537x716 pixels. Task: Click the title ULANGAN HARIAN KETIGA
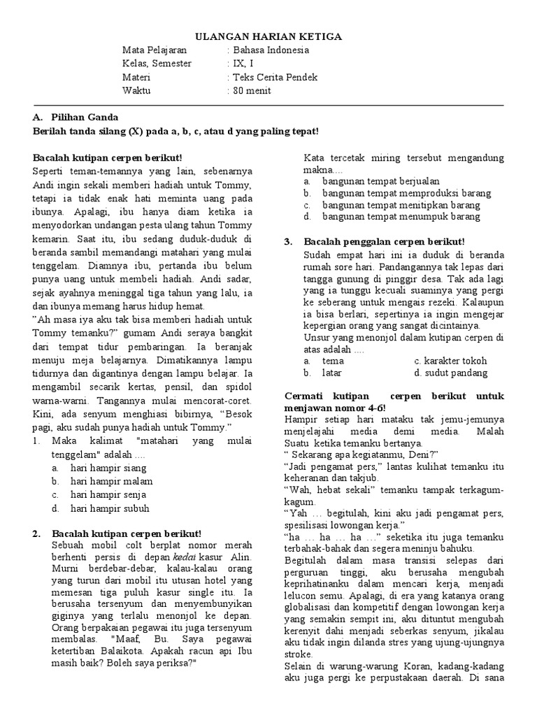(x=268, y=36)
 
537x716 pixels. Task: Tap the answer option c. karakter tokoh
(x=450, y=361)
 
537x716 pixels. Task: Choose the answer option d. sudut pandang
(x=449, y=373)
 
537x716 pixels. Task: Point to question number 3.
(x=288, y=241)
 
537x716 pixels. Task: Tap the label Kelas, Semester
(x=157, y=64)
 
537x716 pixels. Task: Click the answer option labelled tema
(x=333, y=361)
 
